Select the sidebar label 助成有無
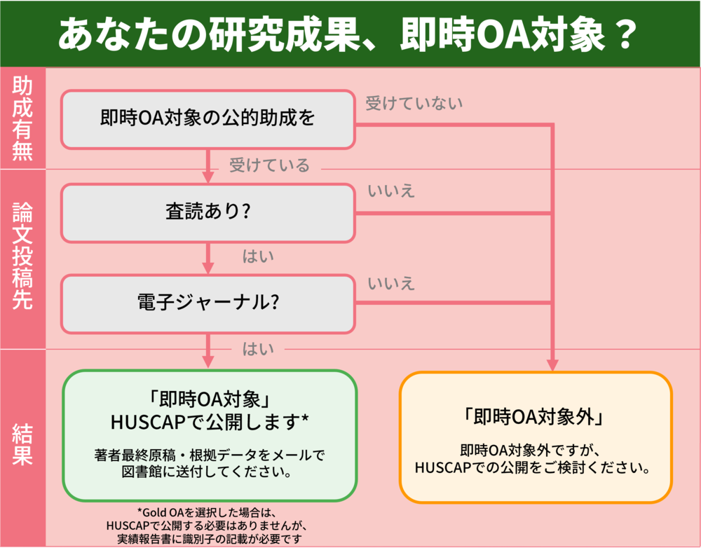click(x=22, y=118)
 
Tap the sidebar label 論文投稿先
click(x=22, y=259)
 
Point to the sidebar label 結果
click(x=22, y=448)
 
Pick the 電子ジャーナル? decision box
click(x=207, y=304)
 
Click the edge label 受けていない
click(x=414, y=104)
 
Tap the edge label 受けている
click(x=269, y=165)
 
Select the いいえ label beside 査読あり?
click(x=391, y=191)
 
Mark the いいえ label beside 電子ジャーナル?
click(x=391, y=283)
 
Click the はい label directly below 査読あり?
click(x=258, y=256)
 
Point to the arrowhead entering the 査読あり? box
click(x=207, y=176)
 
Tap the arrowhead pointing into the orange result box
click(x=552, y=364)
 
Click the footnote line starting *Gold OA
click(x=210, y=512)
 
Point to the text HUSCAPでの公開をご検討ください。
click(x=535, y=467)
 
